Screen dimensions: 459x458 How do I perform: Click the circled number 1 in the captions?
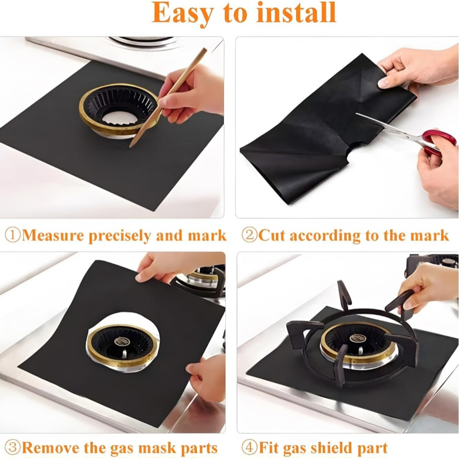coord(13,235)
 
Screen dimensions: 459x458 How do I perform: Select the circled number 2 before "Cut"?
coord(249,235)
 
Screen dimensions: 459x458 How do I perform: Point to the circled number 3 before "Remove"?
coord(13,447)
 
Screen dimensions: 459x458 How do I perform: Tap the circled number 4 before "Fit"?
coord(249,447)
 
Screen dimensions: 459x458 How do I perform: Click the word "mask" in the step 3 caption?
coord(157,448)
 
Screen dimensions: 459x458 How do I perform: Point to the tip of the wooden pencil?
coord(130,147)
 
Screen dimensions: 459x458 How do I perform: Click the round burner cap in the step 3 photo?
coord(120,341)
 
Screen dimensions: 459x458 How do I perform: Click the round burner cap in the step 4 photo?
coord(357,338)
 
